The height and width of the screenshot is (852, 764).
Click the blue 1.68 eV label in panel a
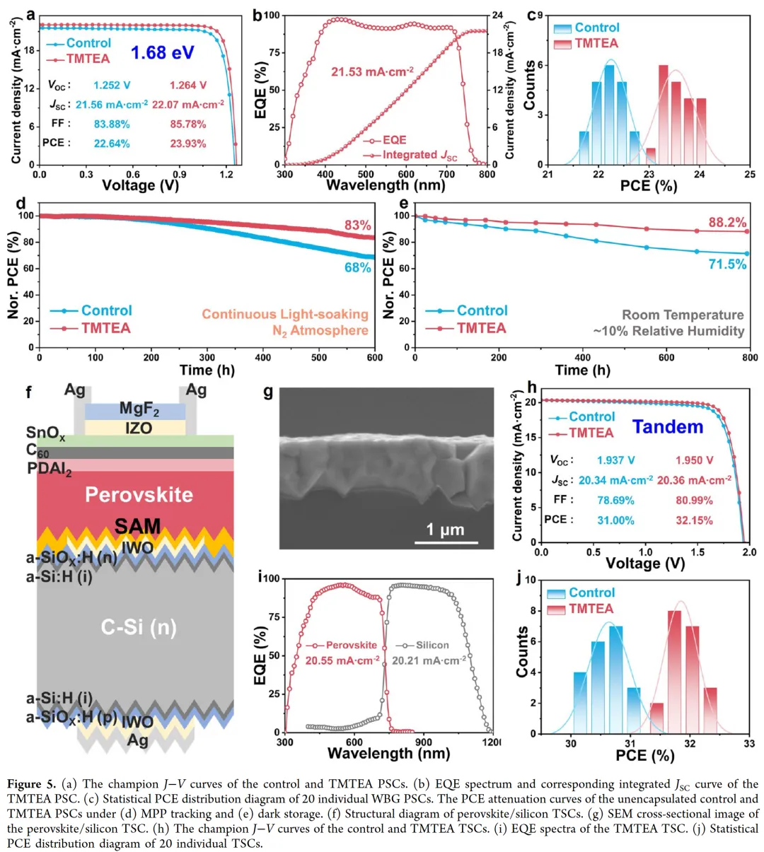(x=162, y=53)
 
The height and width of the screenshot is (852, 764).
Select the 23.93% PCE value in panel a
(x=187, y=144)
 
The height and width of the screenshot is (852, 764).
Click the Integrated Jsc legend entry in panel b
(x=419, y=155)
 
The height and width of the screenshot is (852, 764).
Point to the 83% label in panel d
(x=358, y=226)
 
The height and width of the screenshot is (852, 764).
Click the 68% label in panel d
(x=358, y=268)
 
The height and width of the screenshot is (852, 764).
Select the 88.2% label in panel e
(x=728, y=223)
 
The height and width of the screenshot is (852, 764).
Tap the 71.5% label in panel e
(x=728, y=264)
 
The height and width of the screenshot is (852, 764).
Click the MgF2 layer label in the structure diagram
(x=139, y=409)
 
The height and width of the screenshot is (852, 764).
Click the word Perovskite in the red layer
(x=139, y=494)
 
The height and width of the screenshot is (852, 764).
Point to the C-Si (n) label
(x=138, y=628)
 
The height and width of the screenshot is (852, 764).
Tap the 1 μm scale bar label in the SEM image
(x=446, y=530)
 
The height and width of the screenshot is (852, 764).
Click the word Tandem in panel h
(x=668, y=427)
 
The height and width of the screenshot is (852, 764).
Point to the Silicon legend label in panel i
(x=432, y=645)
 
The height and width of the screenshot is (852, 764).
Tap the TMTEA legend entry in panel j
(x=591, y=609)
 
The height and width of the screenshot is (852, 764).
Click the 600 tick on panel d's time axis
(x=374, y=358)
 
